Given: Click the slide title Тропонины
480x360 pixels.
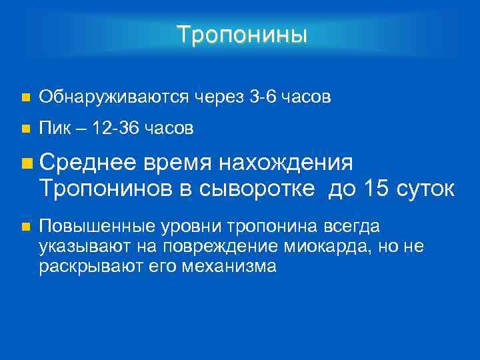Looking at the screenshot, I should coord(243,34).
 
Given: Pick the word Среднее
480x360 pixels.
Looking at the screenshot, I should coord(88,162).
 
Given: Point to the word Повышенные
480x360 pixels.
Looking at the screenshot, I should coord(90,226).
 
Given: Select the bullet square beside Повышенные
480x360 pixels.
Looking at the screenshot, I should coord(25,227).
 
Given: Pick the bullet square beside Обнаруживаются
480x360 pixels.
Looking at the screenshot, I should coord(25,99).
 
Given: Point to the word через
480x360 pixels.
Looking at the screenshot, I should coord(219,99).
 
